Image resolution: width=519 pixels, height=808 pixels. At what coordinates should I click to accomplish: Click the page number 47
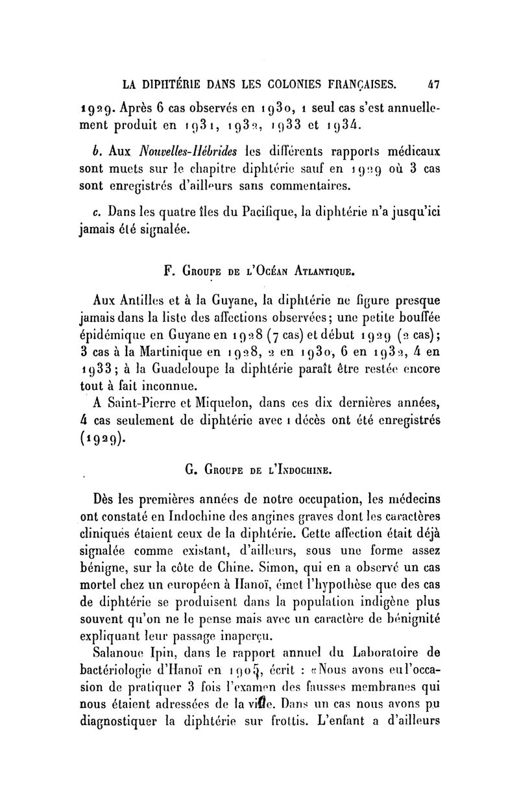433,84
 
